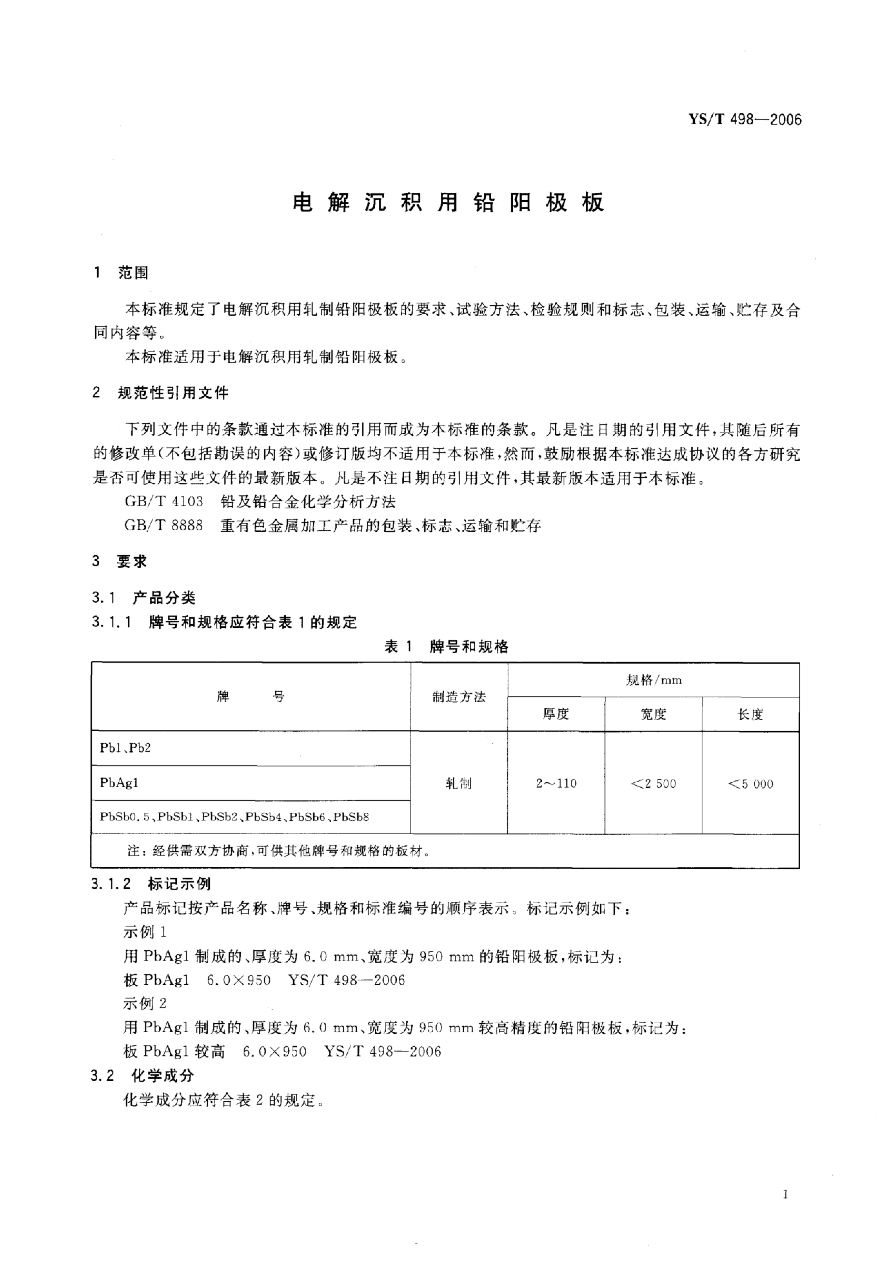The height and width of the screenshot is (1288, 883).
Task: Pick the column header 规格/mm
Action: pos(653,680)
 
